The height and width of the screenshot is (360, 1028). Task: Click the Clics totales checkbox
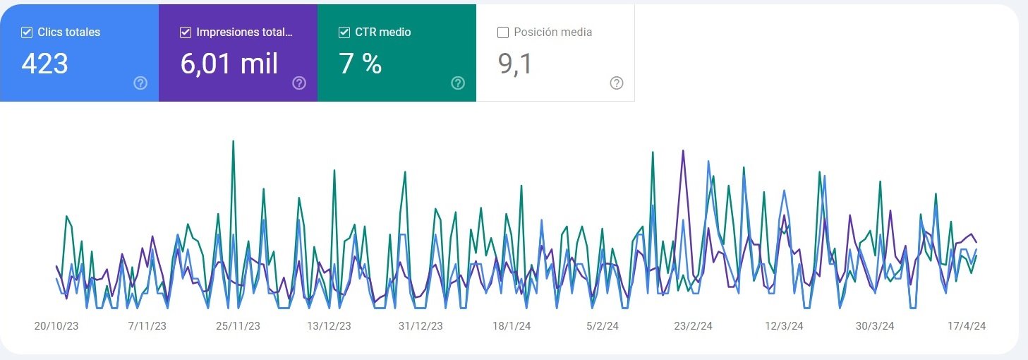[x=27, y=32]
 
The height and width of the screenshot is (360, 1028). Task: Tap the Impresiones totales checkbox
[x=186, y=32]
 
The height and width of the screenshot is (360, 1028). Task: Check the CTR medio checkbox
[x=344, y=32]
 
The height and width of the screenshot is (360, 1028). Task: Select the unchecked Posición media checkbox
[x=503, y=32]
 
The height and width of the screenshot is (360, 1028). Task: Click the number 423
[x=44, y=64]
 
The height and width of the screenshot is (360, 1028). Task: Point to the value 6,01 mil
[x=229, y=64]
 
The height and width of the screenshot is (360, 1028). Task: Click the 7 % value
[x=361, y=64]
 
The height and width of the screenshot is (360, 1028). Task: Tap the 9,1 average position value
[x=515, y=64]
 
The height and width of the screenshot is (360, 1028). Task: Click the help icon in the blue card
[x=140, y=83]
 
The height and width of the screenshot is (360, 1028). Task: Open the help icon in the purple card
[x=299, y=83]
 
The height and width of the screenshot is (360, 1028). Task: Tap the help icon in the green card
[x=458, y=83]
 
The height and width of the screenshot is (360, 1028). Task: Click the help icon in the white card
[x=617, y=83]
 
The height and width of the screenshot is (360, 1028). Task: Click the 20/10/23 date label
[x=56, y=326]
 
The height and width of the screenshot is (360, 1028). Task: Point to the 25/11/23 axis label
[x=238, y=326]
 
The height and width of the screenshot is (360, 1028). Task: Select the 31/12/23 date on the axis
[x=421, y=326]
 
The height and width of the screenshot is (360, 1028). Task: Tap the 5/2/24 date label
[x=603, y=326]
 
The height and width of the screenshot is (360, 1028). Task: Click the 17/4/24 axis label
[x=966, y=326]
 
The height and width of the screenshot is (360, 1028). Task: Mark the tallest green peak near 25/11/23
[x=233, y=141]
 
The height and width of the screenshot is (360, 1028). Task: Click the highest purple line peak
[x=683, y=150]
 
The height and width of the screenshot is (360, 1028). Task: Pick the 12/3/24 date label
[x=784, y=326]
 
